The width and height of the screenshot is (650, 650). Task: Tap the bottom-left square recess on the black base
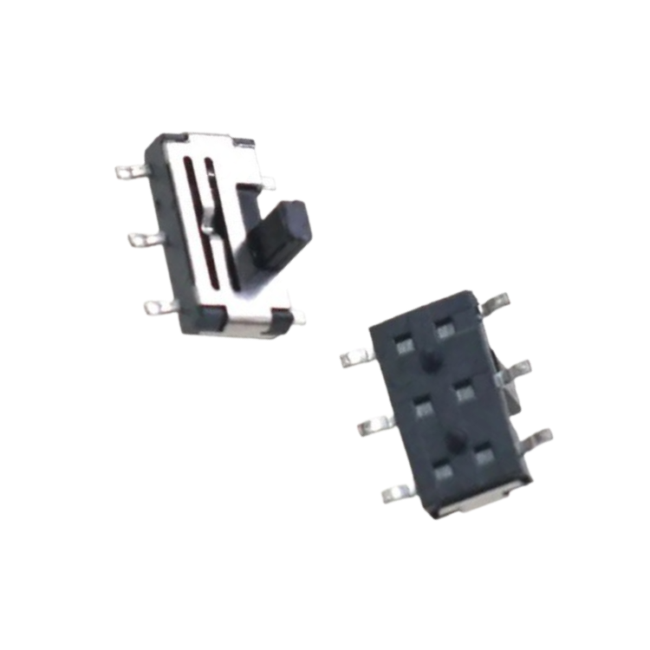[x=445, y=471]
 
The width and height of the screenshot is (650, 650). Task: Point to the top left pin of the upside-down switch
[x=358, y=356]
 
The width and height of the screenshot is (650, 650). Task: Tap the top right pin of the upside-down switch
[x=496, y=303]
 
